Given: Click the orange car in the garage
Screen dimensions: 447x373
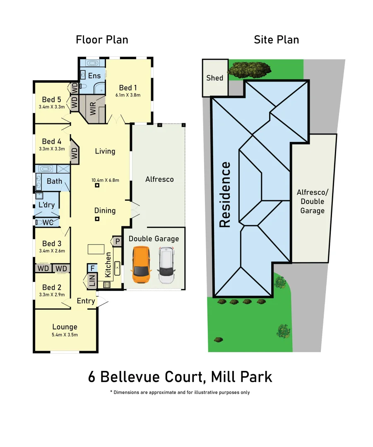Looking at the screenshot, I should coord(141,265).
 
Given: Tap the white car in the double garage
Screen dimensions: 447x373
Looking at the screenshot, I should coord(166,265).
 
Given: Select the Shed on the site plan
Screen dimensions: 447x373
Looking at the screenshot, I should coord(215,78).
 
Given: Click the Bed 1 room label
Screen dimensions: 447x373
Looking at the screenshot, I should coord(128,88).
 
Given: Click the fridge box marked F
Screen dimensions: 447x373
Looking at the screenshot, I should coord(92,268).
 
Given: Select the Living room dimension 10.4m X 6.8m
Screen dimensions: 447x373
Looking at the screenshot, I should coord(105,180).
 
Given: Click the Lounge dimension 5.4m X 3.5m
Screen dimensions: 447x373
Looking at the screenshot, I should coord(65,335).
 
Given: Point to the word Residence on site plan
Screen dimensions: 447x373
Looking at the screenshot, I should coord(225,195).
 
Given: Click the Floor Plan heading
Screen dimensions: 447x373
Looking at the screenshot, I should coord(102,40).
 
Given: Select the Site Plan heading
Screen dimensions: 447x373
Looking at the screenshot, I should coord(276,40).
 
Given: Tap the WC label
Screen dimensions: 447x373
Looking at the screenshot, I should coord(48,223).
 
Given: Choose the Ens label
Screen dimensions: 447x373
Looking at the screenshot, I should coord(94,76).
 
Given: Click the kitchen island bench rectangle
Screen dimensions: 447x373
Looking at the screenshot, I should coord(96,249).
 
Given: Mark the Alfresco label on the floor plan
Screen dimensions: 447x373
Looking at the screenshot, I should coord(159,179).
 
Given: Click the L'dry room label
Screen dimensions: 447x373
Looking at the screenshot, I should coord(46,205).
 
